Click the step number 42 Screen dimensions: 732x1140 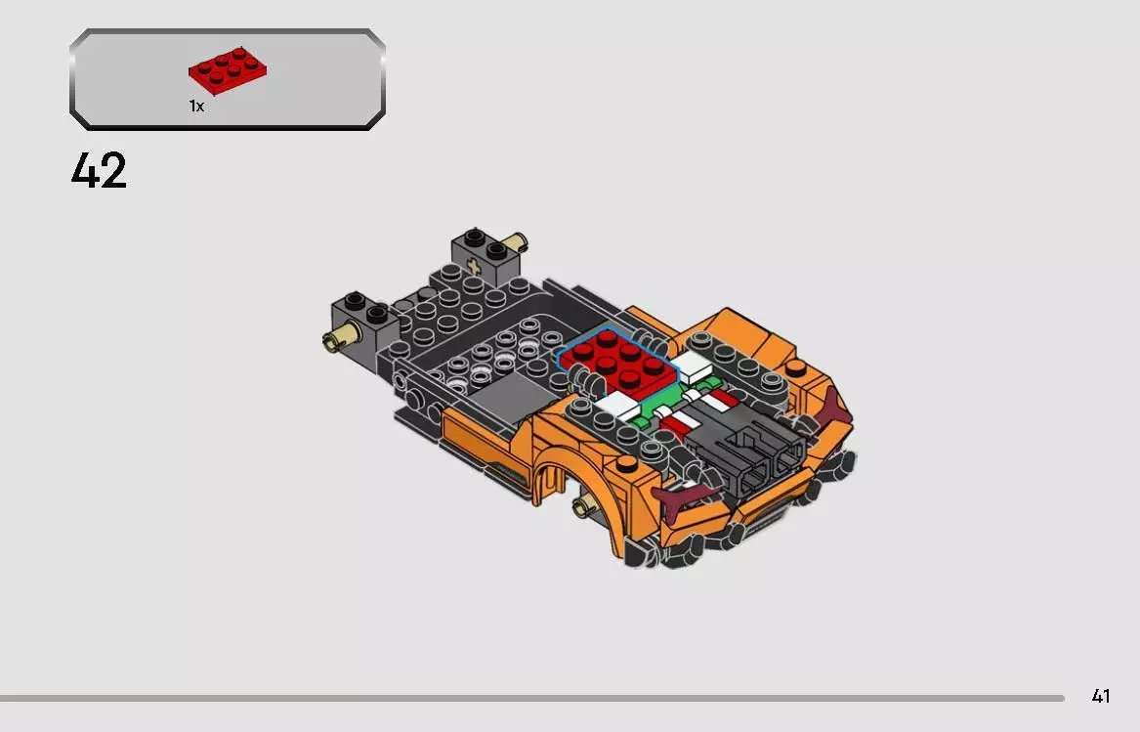(x=99, y=171)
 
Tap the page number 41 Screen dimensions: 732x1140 (x=1101, y=697)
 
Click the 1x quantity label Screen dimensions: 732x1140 (x=196, y=107)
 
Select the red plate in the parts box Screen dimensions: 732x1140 (x=228, y=71)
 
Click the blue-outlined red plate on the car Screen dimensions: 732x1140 (x=618, y=358)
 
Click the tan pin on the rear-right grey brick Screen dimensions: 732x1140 (x=519, y=240)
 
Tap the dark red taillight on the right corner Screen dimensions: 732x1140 (x=833, y=405)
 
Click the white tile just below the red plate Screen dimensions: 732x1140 (x=615, y=405)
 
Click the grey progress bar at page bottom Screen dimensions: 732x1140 (x=532, y=698)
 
